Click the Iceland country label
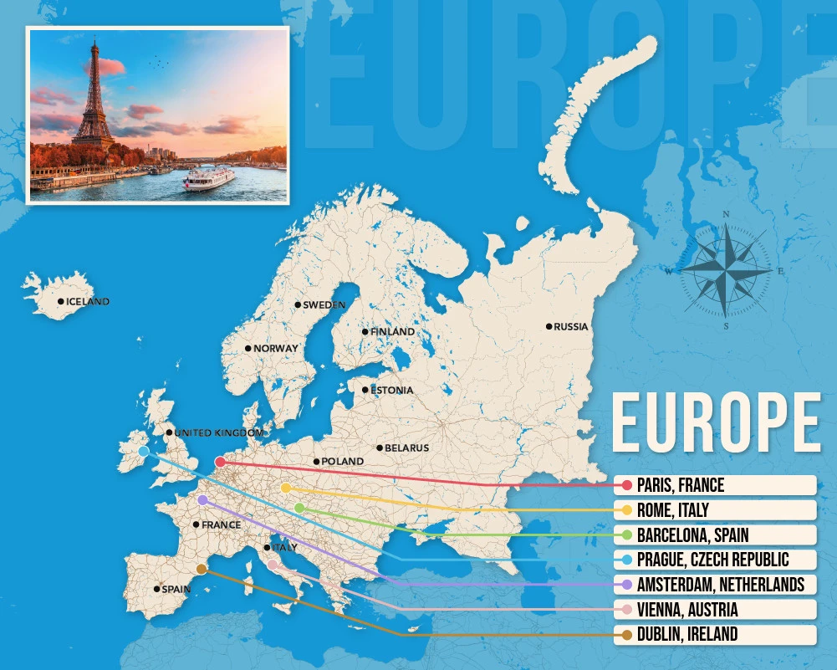(88, 302)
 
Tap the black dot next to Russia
(549, 326)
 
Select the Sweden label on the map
(324, 305)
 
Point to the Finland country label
(392, 332)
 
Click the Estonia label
(392, 391)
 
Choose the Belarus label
(407, 448)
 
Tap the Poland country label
(343, 462)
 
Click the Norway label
(276, 349)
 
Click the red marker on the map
(220, 462)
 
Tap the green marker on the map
(299, 509)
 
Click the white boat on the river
(209, 178)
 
